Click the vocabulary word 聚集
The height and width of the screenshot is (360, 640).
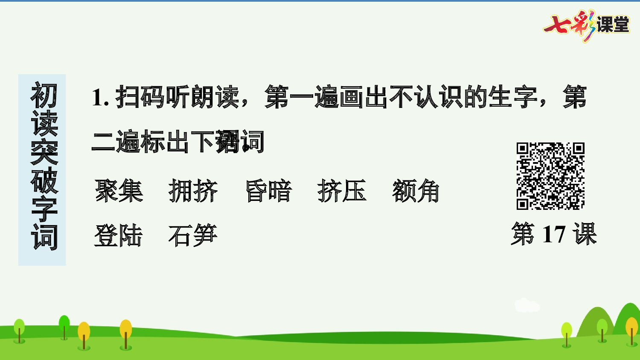pyautogui.click(x=119, y=191)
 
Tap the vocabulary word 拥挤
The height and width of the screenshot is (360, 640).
pyautogui.click(x=193, y=191)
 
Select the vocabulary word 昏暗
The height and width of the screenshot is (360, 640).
pyautogui.click(x=269, y=191)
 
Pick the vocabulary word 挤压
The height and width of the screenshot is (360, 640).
pyautogui.click(x=342, y=191)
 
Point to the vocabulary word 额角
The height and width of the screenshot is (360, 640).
pyautogui.click(x=416, y=191)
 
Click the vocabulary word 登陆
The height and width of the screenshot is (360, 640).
pyautogui.click(x=118, y=235)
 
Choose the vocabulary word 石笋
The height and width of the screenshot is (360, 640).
pyautogui.click(x=193, y=235)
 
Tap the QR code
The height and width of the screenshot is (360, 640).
pyautogui.click(x=550, y=176)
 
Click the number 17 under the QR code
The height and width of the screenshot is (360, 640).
pyautogui.click(x=553, y=234)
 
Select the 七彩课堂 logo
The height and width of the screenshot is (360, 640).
pyautogui.click(x=586, y=25)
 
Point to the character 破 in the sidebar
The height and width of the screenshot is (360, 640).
pyautogui.click(x=44, y=180)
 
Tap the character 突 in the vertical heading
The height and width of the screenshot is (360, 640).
pyautogui.click(x=44, y=152)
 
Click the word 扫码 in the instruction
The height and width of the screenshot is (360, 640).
pyautogui.click(x=140, y=97)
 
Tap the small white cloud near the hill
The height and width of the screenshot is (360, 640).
pyautogui.click(x=527, y=305)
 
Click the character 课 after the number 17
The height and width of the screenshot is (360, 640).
pyautogui.click(x=585, y=234)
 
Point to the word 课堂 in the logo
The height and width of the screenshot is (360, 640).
pyautogui.click(x=613, y=25)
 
